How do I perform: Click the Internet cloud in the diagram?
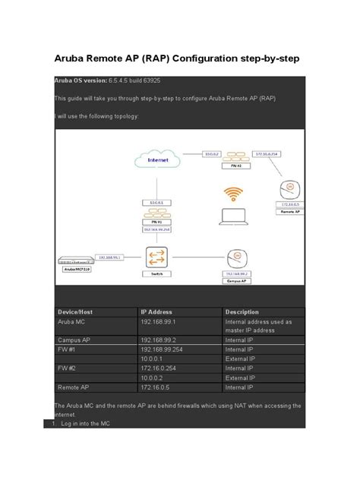tap(156, 160)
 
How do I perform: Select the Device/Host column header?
tap(77, 312)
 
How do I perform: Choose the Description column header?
tap(242, 312)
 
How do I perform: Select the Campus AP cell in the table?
tap(75, 339)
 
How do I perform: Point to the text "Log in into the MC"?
tap(86, 424)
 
